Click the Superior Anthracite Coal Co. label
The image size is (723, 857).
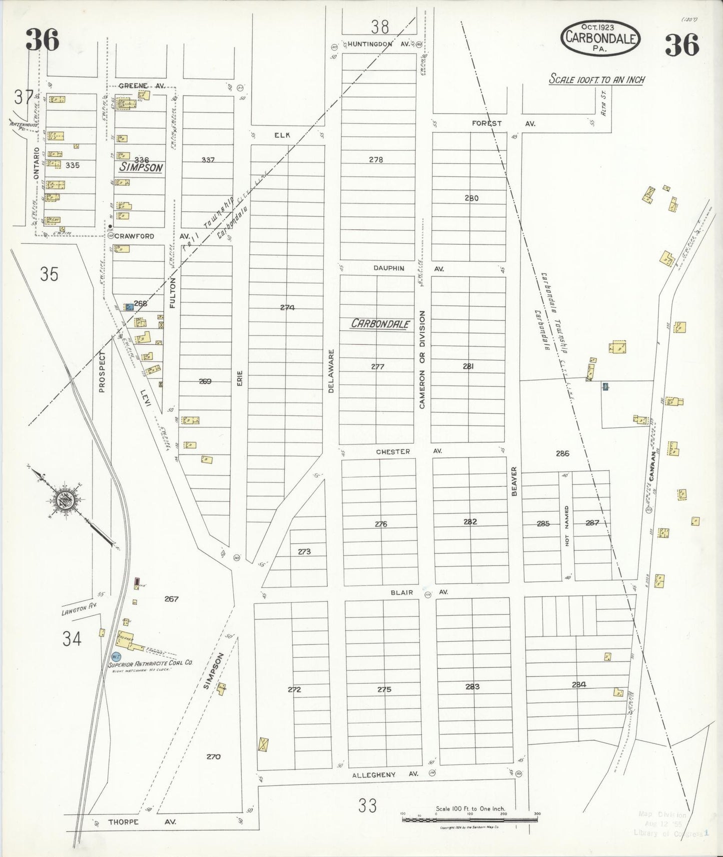point(151,663)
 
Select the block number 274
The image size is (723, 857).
point(287,307)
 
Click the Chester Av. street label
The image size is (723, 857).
point(409,451)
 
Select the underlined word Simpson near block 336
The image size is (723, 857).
point(141,168)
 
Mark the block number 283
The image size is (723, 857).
point(472,686)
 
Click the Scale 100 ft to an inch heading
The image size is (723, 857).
point(596,79)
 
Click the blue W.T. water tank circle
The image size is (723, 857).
point(115,656)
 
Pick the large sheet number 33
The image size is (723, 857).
point(367,806)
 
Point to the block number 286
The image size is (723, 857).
point(562,454)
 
